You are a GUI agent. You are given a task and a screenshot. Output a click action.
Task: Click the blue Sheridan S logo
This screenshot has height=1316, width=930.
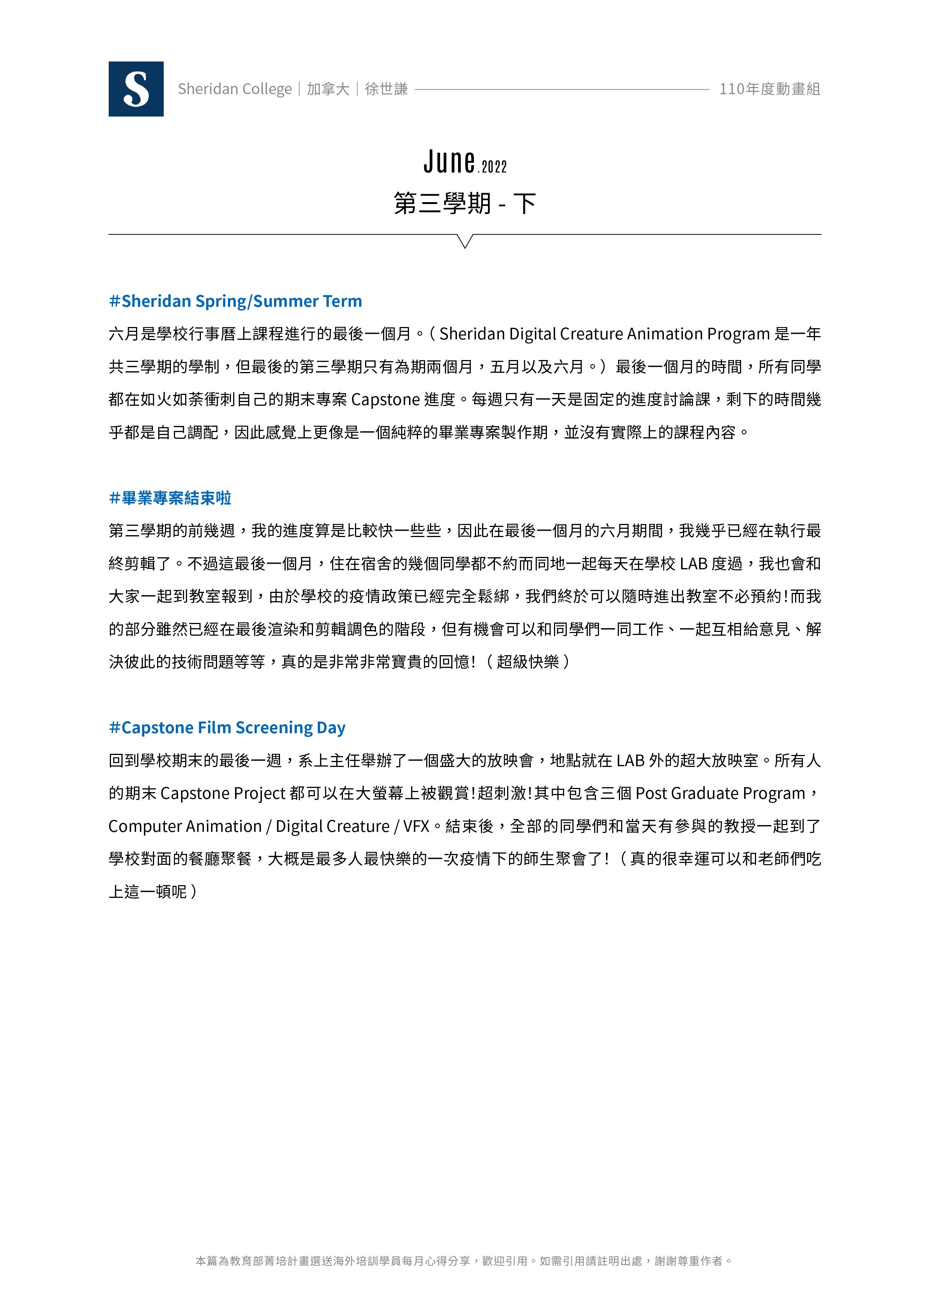(136, 89)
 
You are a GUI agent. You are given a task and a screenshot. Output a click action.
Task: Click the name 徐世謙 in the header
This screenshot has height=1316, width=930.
(386, 89)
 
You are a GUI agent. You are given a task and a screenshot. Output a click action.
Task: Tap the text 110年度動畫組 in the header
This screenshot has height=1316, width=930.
(770, 89)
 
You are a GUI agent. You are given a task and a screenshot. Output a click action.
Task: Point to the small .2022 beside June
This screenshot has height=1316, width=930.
(492, 167)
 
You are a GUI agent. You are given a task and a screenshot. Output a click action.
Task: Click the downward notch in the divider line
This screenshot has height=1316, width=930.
(465, 241)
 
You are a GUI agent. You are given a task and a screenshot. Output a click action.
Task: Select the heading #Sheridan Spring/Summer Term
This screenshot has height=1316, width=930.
(235, 301)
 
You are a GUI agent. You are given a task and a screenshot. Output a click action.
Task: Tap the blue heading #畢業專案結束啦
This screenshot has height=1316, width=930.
(170, 498)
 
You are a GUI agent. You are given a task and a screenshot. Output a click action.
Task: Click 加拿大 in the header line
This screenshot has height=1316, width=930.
(328, 89)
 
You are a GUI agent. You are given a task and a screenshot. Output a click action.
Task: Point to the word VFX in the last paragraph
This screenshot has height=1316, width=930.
(416, 826)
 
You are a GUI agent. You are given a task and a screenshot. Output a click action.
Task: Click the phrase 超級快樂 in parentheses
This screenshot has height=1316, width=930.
(527, 662)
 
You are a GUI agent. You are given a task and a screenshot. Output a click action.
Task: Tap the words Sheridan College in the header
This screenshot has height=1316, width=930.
(235, 89)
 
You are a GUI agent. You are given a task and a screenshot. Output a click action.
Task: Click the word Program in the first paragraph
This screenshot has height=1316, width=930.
(738, 333)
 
